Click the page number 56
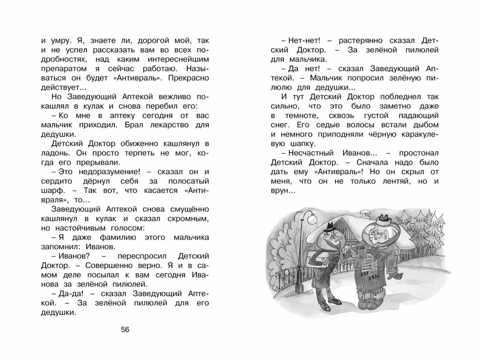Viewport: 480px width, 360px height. [x=125, y=330]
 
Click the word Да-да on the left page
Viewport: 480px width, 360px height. [x=68, y=294]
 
